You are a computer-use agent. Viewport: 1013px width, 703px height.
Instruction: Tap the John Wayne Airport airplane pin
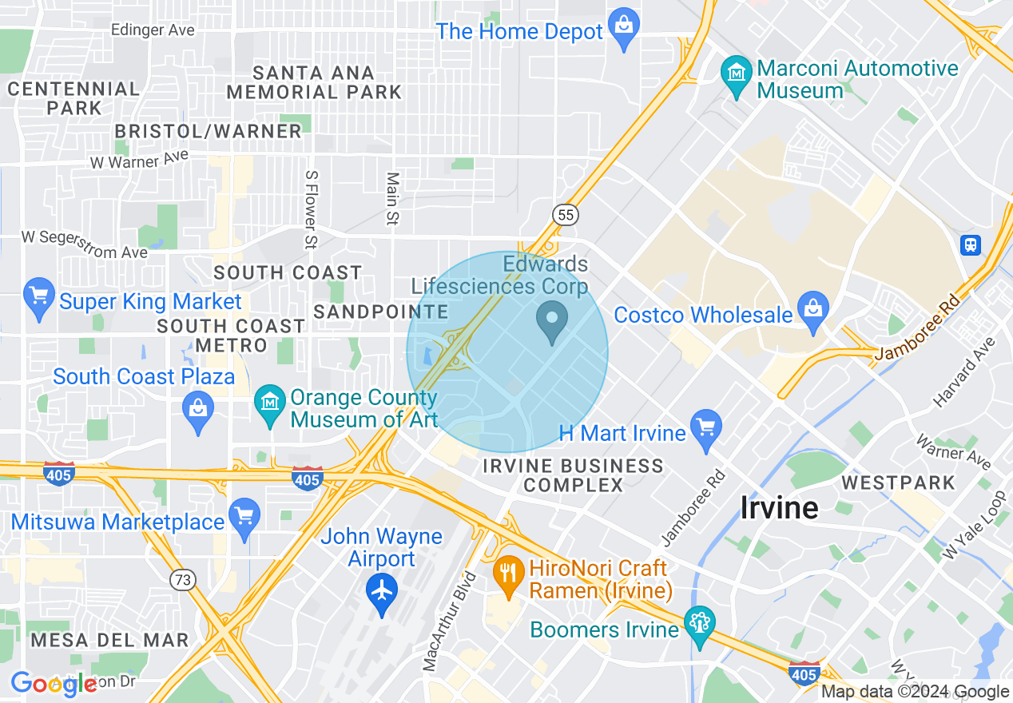pyautogui.click(x=382, y=592)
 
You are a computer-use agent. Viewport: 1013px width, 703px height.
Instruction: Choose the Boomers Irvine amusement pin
pyautogui.click(x=700, y=625)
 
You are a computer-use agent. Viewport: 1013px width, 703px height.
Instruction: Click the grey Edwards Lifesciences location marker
pyautogui.click(x=551, y=320)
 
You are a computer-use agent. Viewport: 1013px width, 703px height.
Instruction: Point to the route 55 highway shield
pyautogui.click(x=565, y=214)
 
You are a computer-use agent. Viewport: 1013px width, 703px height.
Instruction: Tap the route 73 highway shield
pyautogui.click(x=184, y=580)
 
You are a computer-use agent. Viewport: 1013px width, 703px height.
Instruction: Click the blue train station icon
pyautogui.click(x=971, y=244)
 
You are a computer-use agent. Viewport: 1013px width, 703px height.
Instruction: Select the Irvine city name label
pyautogui.click(x=779, y=507)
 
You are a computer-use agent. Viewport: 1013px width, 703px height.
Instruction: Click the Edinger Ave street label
pyautogui.click(x=153, y=30)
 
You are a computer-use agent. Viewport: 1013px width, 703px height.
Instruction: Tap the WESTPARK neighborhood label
pyautogui.click(x=898, y=483)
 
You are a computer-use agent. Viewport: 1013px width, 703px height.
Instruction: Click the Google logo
pyautogui.click(x=54, y=684)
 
